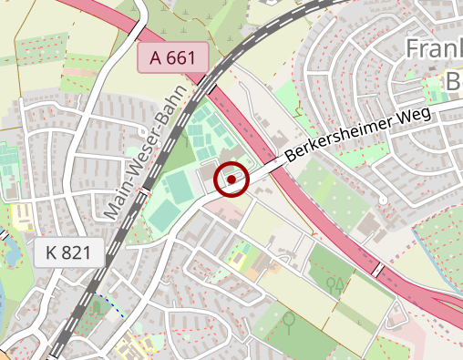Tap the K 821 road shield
click(x=68, y=253)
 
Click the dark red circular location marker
click(x=232, y=180)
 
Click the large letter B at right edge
click(x=453, y=82)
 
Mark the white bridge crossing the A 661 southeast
click(x=376, y=270)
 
